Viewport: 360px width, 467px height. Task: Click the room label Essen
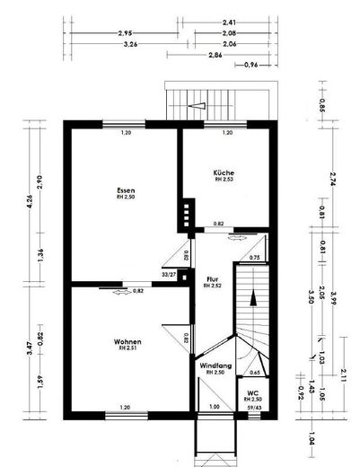(x=126, y=190)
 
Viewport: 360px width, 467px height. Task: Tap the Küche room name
(x=223, y=172)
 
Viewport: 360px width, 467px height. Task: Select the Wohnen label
(x=127, y=341)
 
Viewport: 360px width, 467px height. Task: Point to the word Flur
(x=212, y=278)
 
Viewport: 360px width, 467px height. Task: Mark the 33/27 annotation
(x=169, y=275)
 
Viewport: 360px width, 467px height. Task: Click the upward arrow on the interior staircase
(x=253, y=298)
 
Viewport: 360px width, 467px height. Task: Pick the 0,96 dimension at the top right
(x=251, y=65)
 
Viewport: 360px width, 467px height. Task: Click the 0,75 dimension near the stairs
(x=254, y=258)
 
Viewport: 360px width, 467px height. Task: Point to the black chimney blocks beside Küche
(x=187, y=212)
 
